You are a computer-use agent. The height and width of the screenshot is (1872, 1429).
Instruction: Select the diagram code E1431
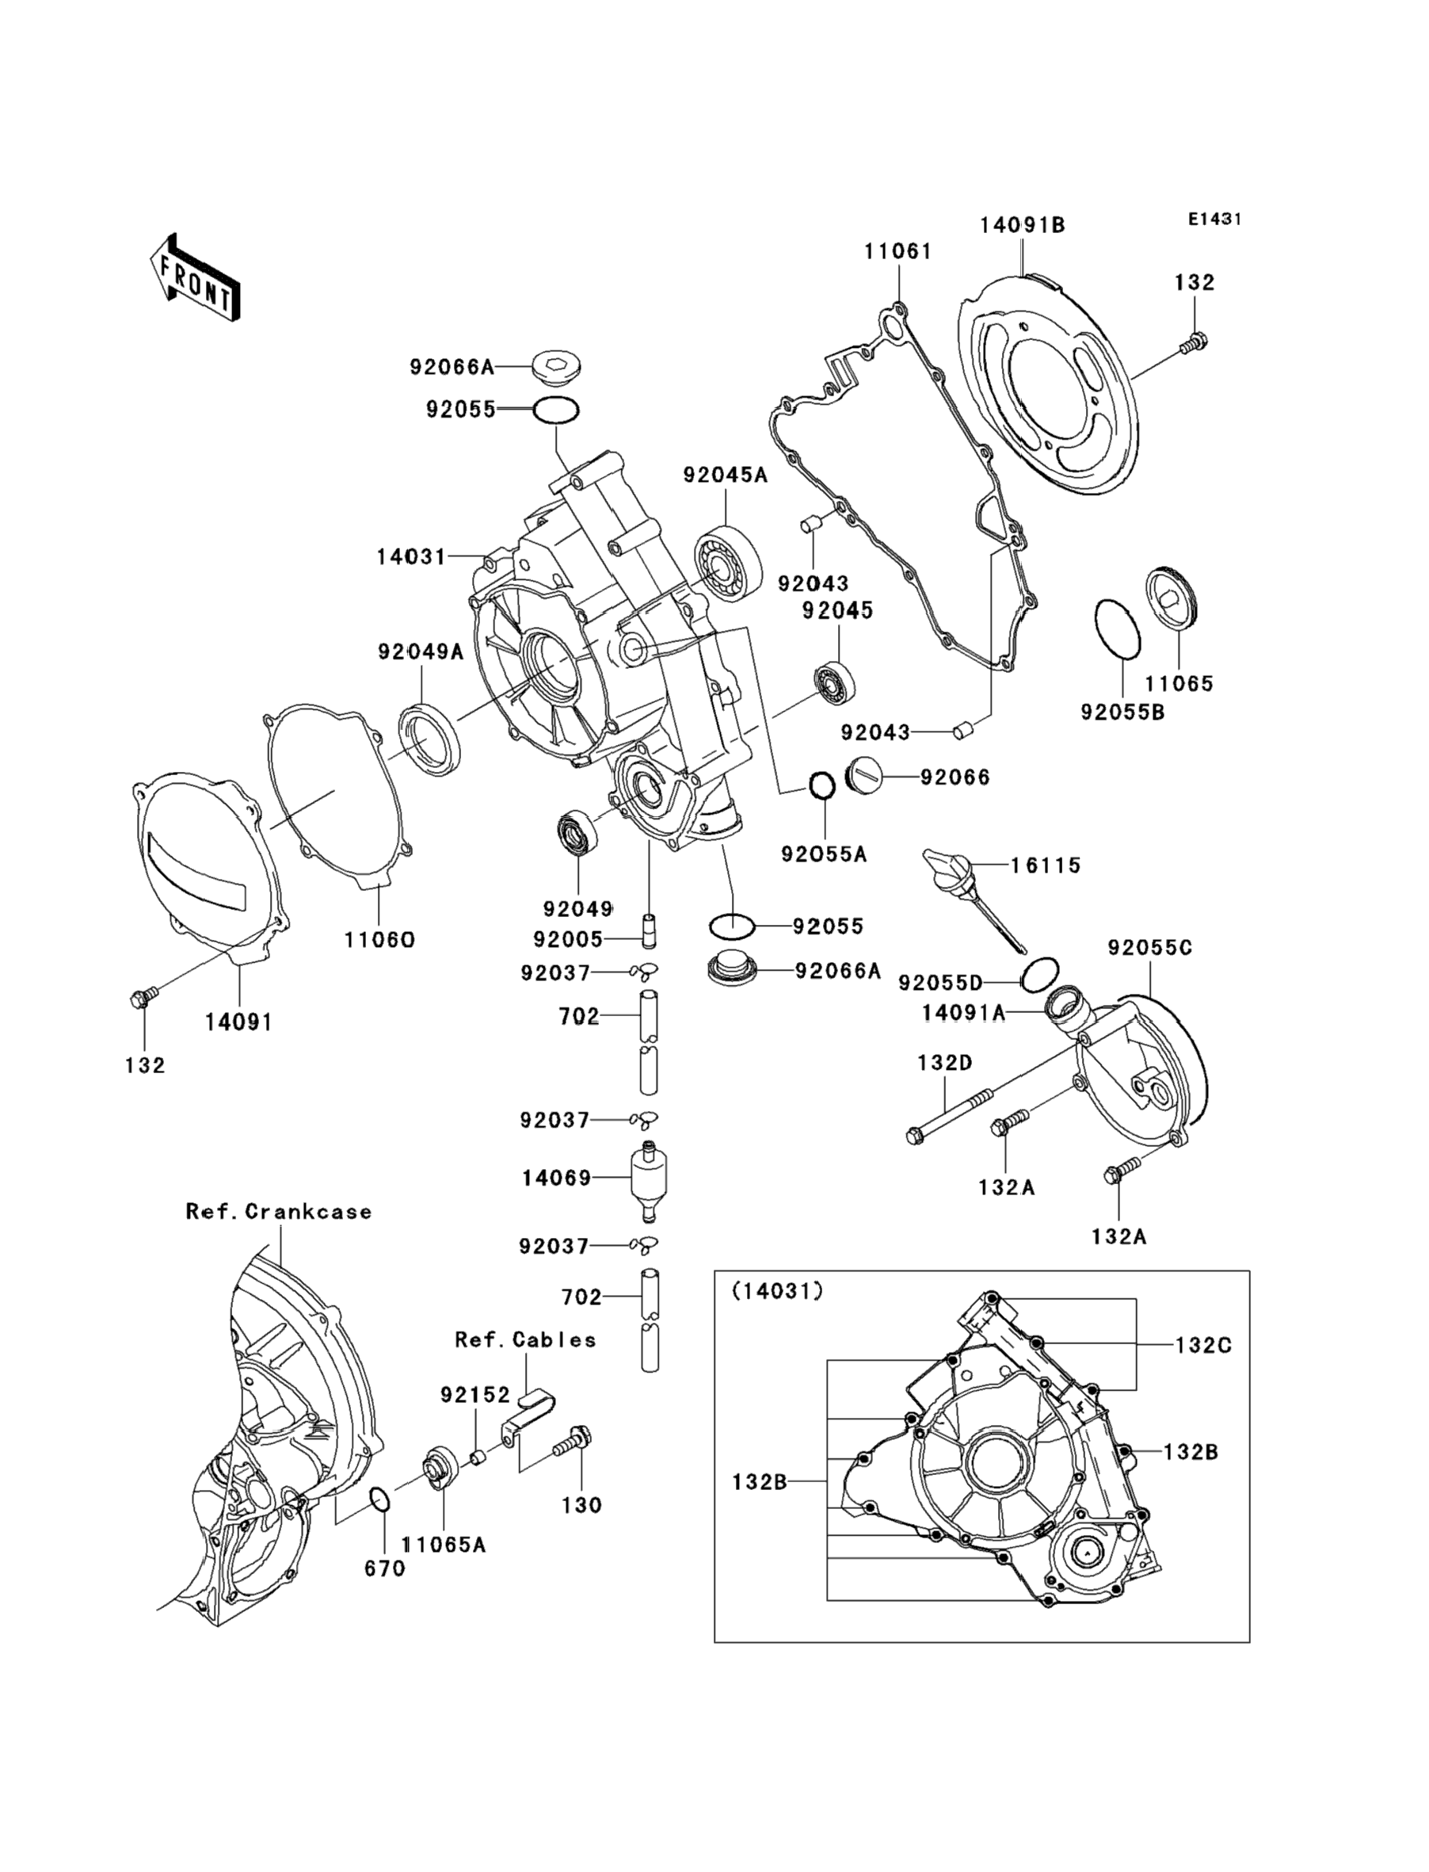pyautogui.click(x=1214, y=219)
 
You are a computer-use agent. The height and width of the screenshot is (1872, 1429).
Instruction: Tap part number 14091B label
pyautogui.click(x=1022, y=226)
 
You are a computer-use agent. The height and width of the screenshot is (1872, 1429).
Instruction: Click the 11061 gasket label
pyautogui.click(x=898, y=252)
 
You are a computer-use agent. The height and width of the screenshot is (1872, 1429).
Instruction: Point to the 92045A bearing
pyautogui.click(x=727, y=564)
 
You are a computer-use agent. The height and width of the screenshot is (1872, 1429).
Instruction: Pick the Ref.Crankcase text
pyautogui.click(x=279, y=1212)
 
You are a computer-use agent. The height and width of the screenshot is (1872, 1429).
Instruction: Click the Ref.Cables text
pyautogui.click(x=525, y=1340)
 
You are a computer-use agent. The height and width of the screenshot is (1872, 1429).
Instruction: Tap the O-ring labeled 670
pyautogui.click(x=381, y=1499)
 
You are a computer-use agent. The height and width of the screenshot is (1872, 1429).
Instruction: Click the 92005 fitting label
pyautogui.click(x=567, y=939)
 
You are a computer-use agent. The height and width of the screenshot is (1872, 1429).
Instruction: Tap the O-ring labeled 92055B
pyautogui.click(x=1116, y=628)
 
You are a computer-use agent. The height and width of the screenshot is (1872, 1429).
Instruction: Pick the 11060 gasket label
pyautogui.click(x=379, y=939)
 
